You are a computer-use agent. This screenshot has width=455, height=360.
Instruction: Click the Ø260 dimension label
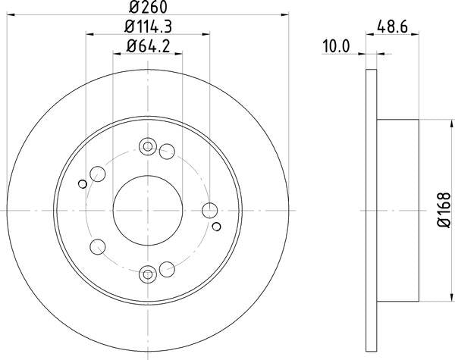(148, 7)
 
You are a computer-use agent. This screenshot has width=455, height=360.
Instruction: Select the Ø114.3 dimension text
(148, 27)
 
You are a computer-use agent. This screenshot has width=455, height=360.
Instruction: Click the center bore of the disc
(148, 210)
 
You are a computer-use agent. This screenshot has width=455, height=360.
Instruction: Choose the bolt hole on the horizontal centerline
(211, 210)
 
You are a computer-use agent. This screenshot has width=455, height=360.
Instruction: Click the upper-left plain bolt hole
(97, 175)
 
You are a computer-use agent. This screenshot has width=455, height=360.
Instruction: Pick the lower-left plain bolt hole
(97, 245)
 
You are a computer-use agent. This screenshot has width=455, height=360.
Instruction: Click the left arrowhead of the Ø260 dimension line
(11, 14)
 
